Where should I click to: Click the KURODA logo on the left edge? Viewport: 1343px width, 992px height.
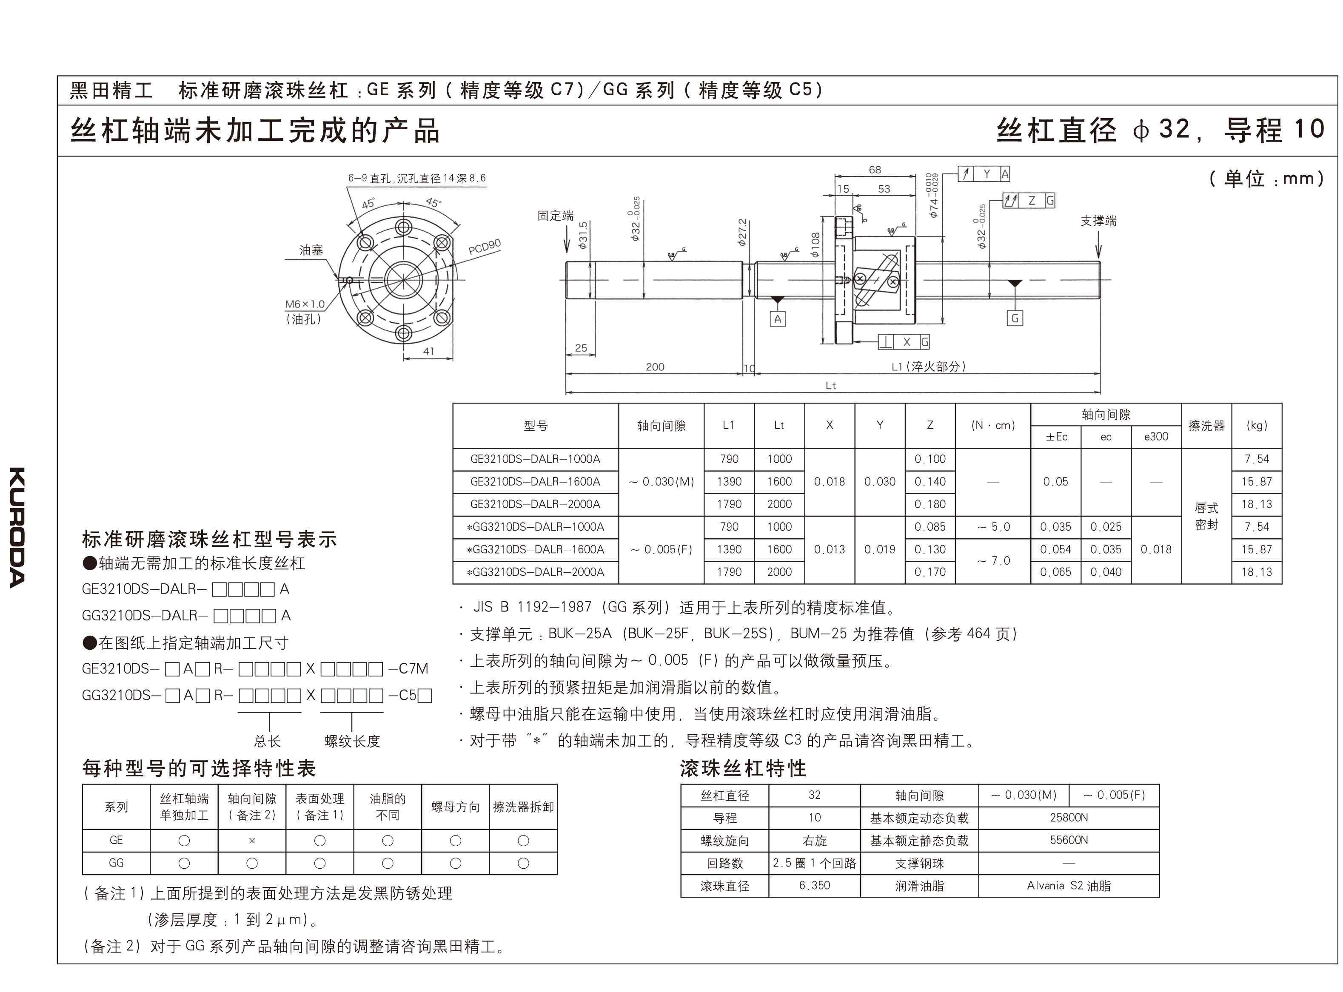tap(17, 527)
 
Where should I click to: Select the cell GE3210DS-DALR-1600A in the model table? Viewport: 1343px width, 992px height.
tap(535, 482)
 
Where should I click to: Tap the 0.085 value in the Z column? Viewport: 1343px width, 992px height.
tap(930, 527)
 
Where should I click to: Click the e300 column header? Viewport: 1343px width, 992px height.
tap(1155, 437)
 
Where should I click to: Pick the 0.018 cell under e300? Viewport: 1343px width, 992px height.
tap(1155, 549)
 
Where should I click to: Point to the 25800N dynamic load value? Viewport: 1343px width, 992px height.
tap(1069, 817)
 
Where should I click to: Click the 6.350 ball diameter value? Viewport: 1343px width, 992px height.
tap(815, 885)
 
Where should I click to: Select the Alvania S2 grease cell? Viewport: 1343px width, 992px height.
tap(1069, 885)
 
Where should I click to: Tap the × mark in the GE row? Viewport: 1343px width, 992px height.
tap(252, 841)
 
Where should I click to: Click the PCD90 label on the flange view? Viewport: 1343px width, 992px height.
tap(484, 247)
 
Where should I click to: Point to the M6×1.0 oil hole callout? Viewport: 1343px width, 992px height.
tap(305, 304)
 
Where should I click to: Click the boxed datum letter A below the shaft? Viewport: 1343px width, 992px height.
tap(777, 319)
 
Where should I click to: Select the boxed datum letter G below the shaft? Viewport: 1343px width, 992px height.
tap(1015, 318)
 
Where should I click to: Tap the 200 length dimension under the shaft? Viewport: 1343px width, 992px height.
tap(655, 367)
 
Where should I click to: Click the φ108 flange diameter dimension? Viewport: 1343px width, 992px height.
tap(815, 246)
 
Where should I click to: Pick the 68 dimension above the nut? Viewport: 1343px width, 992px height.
tap(875, 170)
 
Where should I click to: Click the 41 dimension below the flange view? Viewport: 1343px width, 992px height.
tap(428, 351)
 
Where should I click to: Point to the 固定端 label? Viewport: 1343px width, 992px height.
tap(555, 216)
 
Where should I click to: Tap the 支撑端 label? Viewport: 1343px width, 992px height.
tap(1098, 221)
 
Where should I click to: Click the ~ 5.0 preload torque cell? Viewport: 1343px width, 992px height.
tap(993, 527)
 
